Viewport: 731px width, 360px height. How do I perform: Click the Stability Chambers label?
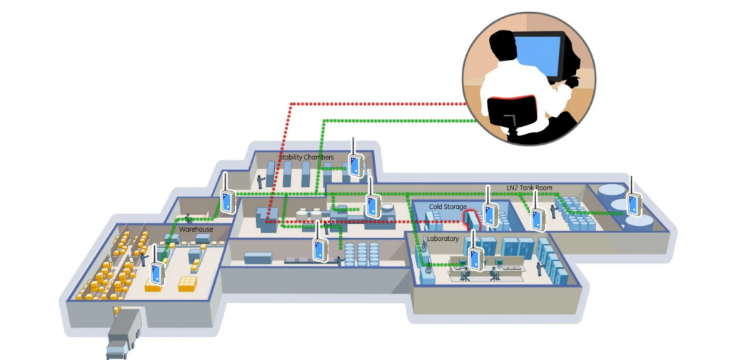306,157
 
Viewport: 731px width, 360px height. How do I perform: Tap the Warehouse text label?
196,230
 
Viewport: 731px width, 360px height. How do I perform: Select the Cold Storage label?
448,207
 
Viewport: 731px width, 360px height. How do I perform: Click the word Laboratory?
443,238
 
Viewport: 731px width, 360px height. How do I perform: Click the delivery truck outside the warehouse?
123,334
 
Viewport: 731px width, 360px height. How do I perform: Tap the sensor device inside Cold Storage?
490,213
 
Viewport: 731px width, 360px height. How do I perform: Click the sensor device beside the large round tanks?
632,202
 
